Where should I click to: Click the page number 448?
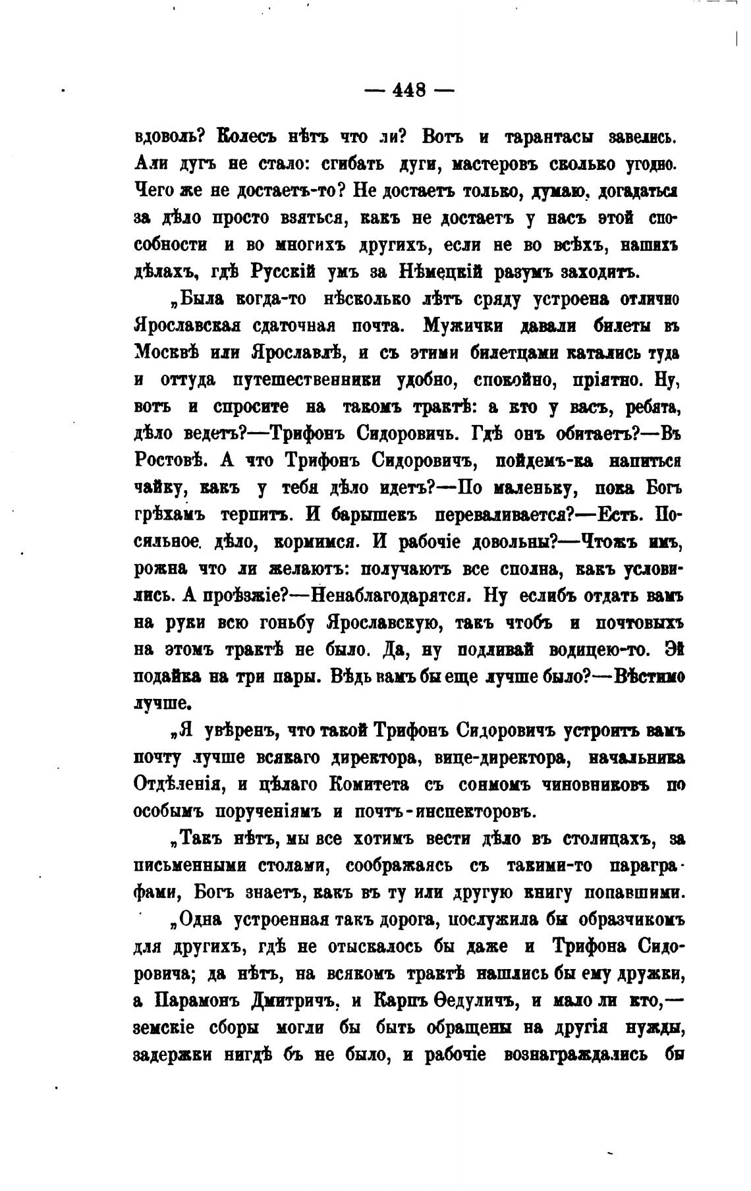(x=409, y=89)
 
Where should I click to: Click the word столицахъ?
(x=606, y=839)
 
